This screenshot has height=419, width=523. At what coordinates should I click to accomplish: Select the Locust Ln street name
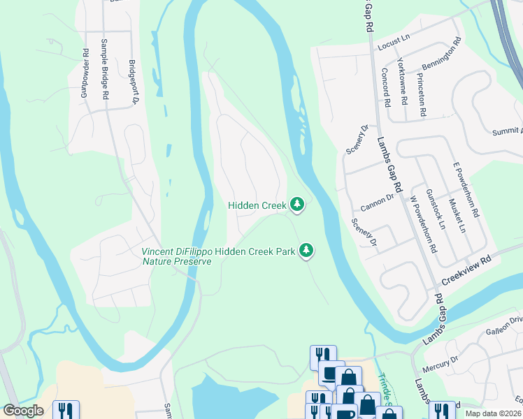point(392,46)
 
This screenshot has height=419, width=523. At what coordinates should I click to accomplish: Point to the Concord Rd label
point(385,87)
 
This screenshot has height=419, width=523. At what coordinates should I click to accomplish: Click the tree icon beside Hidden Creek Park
point(306,250)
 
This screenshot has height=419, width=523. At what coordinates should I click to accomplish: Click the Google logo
point(23,411)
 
